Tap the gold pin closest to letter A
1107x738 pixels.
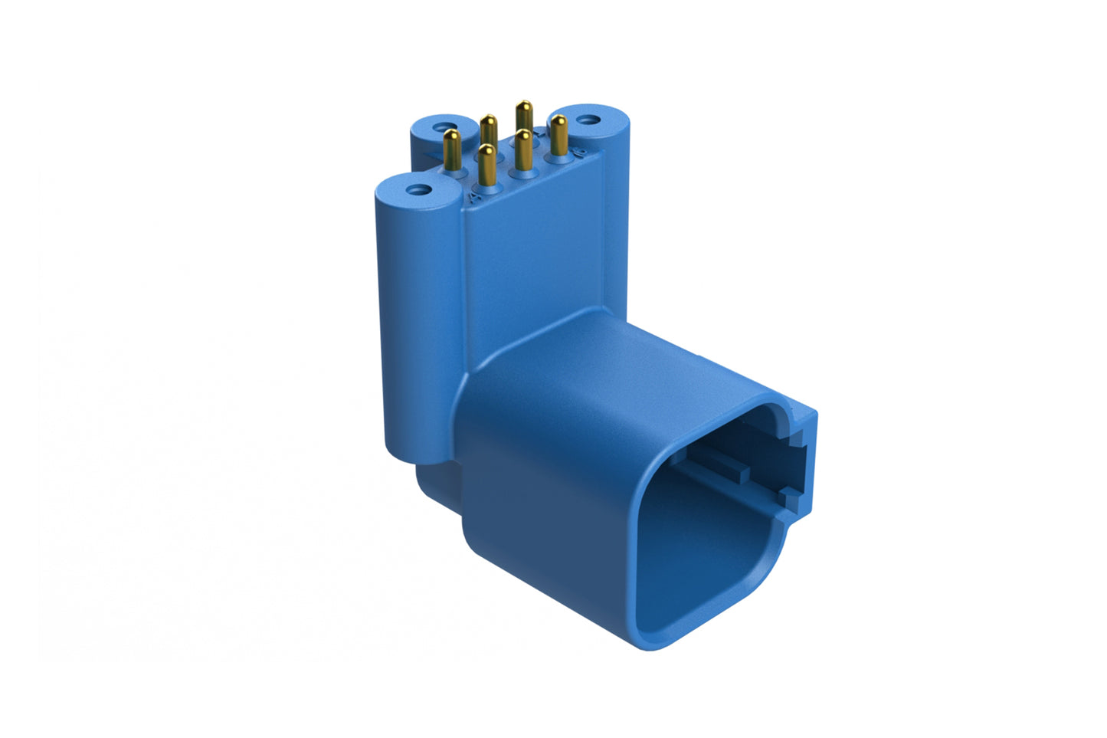point(484,165)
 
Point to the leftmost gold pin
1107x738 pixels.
point(452,149)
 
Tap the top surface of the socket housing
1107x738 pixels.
point(613,368)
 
